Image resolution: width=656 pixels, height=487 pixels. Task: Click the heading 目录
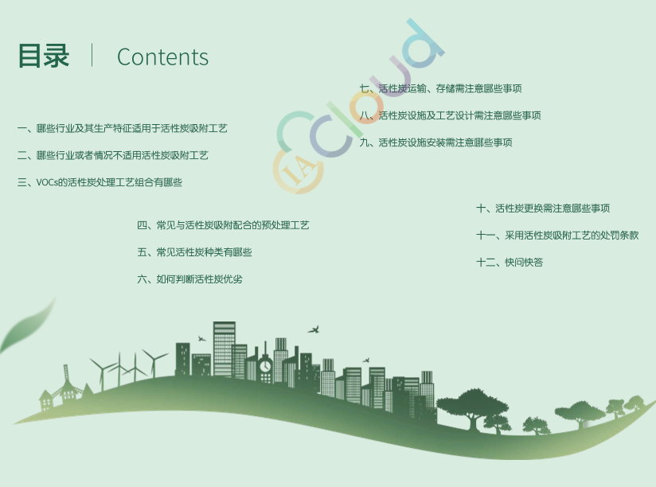click(x=44, y=56)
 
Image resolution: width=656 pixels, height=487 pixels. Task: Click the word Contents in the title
click(x=162, y=56)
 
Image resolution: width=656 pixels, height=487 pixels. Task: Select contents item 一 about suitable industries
click(x=122, y=128)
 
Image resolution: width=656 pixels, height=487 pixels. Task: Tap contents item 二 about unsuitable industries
click(x=112, y=155)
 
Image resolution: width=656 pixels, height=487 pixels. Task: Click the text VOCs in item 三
click(x=46, y=183)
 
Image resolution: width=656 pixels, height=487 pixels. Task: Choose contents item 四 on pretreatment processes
click(x=223, y=225)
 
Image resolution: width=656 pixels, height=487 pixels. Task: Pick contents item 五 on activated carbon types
click(x=194, y=252)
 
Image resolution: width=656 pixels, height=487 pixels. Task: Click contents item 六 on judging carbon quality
click(x=189, y=279)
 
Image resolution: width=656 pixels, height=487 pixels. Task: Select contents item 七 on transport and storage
click(x=440, y=88)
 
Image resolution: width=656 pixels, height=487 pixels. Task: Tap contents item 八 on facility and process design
click(x=450, y=115)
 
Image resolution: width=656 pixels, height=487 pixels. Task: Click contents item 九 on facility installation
click(x=436, y=142)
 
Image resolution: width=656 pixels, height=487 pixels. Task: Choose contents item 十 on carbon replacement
click(x=543, y=208)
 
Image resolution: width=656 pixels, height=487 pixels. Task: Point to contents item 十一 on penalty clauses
click(x=557, y=236)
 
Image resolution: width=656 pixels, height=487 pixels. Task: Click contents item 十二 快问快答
click(x=510, y=263)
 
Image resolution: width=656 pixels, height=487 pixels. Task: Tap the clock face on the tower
click(x=265, y=367)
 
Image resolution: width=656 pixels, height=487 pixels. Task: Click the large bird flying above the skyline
click(x=314, y=329)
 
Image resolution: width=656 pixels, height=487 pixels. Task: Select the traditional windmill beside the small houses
click(x=67, y=384)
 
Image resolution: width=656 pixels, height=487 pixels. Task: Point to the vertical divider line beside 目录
click(x=92, y=55)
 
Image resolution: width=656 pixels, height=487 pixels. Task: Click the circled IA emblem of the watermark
click(x=298, y=169)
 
